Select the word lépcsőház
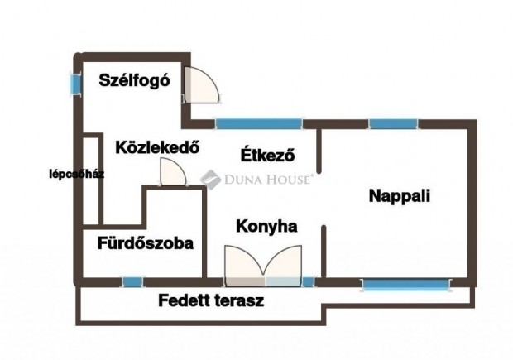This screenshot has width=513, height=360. [x=75, y=175]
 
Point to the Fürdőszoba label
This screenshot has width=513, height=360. [x=145, y=243]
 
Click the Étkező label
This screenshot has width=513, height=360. [x=267, y=155]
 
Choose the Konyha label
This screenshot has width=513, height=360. [x=266, y=225]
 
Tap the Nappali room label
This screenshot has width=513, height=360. [x=400, y=197]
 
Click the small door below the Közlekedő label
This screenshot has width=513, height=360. [x=171, y=172]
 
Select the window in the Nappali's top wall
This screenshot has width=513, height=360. [x=393, y=124]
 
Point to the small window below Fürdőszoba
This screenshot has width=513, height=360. [x=132, y=282]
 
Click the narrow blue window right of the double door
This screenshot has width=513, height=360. [x=308, y=282]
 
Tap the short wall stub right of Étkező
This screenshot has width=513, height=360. [x=319, y=149]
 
